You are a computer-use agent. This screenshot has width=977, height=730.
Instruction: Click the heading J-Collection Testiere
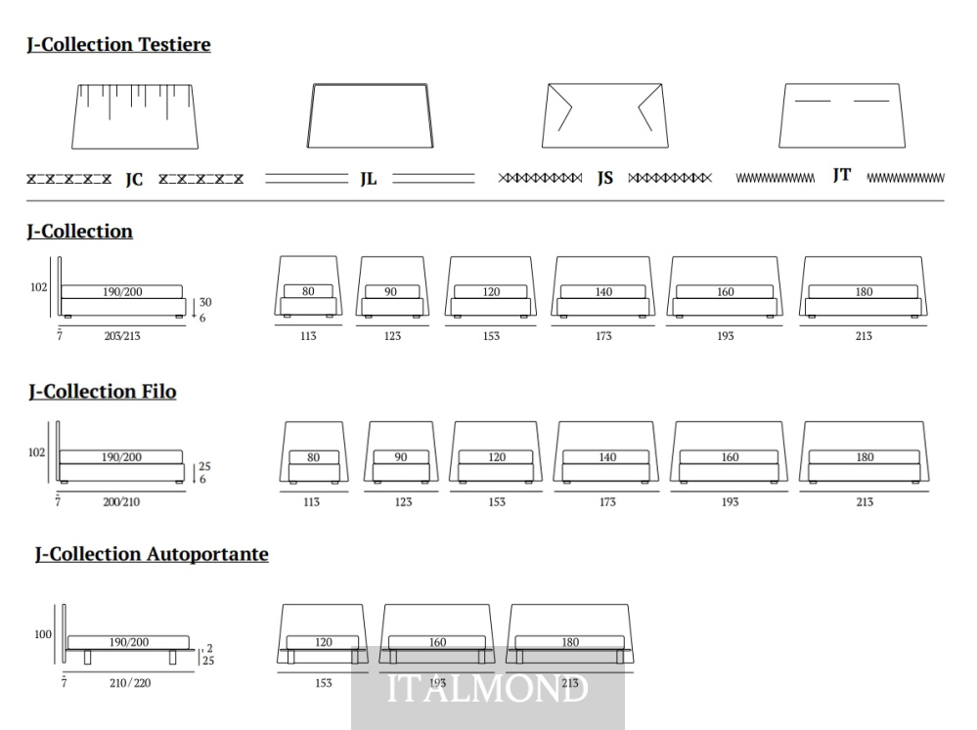pyautogui.click(x=118, y=45)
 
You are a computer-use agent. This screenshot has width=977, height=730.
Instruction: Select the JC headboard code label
pyautogui.click(x=134, y=180)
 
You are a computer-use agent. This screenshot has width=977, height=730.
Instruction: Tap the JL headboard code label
pyautogui.click(x=369, y=180)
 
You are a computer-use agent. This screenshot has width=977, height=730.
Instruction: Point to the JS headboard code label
pyautogui.click(x=605, y=178)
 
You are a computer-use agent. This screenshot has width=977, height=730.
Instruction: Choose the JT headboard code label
pyautogui.click(x=842, y=175)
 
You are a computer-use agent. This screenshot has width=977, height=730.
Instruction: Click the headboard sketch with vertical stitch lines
pyautogui.click(x=135, y=116)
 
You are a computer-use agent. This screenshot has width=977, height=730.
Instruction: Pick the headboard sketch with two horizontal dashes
pyautogui.click(x=842, y=116)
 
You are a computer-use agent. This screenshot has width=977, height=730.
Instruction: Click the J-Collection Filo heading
pyautogui.click(x=103, y=392)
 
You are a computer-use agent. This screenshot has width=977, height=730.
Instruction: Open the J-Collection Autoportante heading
pyautogui.click(x=152, y=554)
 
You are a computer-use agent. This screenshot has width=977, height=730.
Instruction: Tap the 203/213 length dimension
pyautogui.click(x=122, y=336)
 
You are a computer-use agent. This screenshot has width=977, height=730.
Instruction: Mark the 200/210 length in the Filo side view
pyautogui.click(x=121, y=502)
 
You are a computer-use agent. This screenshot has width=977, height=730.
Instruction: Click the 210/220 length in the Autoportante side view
pyautogui.click(x=130, y=683)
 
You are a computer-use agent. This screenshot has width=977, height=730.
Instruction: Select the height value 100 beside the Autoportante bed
pyautogui.click(x=43, y=634)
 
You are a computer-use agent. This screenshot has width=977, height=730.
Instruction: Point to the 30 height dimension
pyautogui.click(x=205, y=303)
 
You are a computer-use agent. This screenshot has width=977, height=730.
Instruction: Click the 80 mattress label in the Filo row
pyautogui.click(x=313, y=457)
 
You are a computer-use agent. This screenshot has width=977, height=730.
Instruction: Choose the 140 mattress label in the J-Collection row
pyautogui.click(x=603, y=292)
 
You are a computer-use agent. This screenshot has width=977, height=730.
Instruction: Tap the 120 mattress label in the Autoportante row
pyautogui.click(x=324, y=642)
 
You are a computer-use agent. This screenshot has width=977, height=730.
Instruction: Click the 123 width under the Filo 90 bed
pyautogui.click(x=403, y=502)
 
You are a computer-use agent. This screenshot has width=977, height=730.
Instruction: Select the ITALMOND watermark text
pyautogui.click(x=487, y=689)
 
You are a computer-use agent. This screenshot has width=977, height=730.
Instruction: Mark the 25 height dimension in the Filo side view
pyautogui.click(x=205, y=466)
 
